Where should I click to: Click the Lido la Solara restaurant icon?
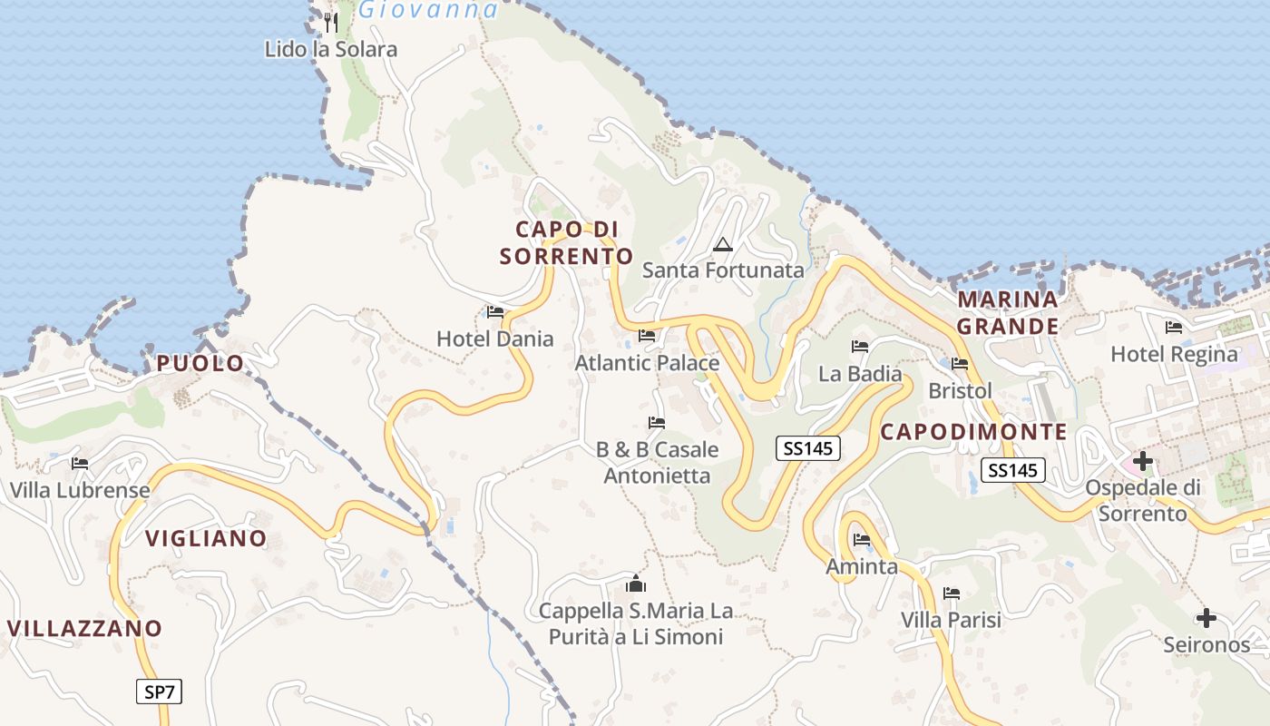(x=331, y=22)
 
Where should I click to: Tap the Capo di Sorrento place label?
(x=566, y=242)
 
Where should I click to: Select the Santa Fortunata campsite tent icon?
(x=722, y=244)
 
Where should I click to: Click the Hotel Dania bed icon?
(x=495, y=312)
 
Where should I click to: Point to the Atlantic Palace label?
(x=647, y=363)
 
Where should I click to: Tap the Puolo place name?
(x=200, y=364)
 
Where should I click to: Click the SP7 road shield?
(x=160, y=692)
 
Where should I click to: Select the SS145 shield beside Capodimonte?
(x=1012, y=470)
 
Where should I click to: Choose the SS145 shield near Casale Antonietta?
(x=808, y=447)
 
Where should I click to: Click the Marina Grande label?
(x=1008, y=313)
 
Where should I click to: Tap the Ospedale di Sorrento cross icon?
(x=1143, y=462)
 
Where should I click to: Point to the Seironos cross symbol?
(x=1206, y=619)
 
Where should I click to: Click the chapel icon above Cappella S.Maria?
(x=636, y=584)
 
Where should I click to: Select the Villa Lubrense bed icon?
(x=80, y=464)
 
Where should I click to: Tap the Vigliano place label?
(x=206, y=539)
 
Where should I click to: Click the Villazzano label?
(x=84, y=628)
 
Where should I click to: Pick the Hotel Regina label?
(x=1174, y=354)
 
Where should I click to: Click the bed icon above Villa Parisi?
(x=952, y=594)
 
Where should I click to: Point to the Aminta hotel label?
(x=861, y=567)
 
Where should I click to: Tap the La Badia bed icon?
(x=860, y=347)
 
